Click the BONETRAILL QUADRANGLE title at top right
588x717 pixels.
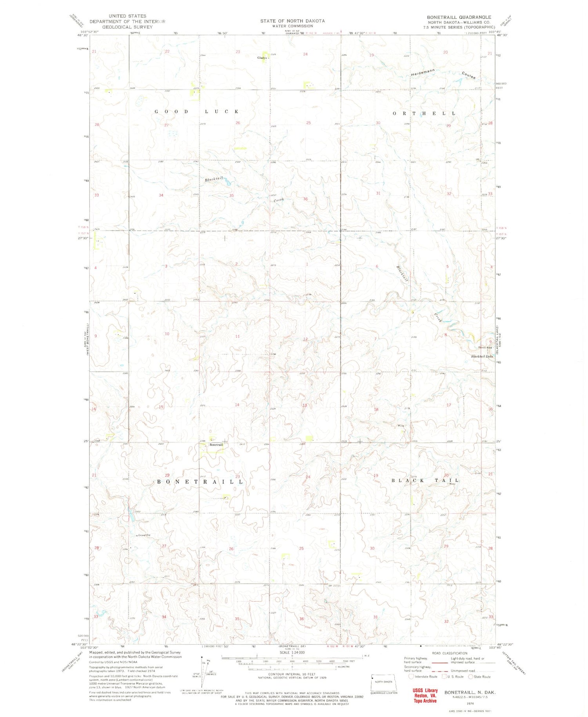459,17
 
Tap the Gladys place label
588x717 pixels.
262,58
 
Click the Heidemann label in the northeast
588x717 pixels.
424,73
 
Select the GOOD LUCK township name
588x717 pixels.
196,112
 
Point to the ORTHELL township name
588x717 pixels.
425,114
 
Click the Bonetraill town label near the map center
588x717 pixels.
216,445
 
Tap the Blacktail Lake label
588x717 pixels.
482,357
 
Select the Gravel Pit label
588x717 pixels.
144,535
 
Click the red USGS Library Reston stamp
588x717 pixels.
425,696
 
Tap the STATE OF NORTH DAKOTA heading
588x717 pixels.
292,21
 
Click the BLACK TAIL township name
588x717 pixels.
425,480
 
